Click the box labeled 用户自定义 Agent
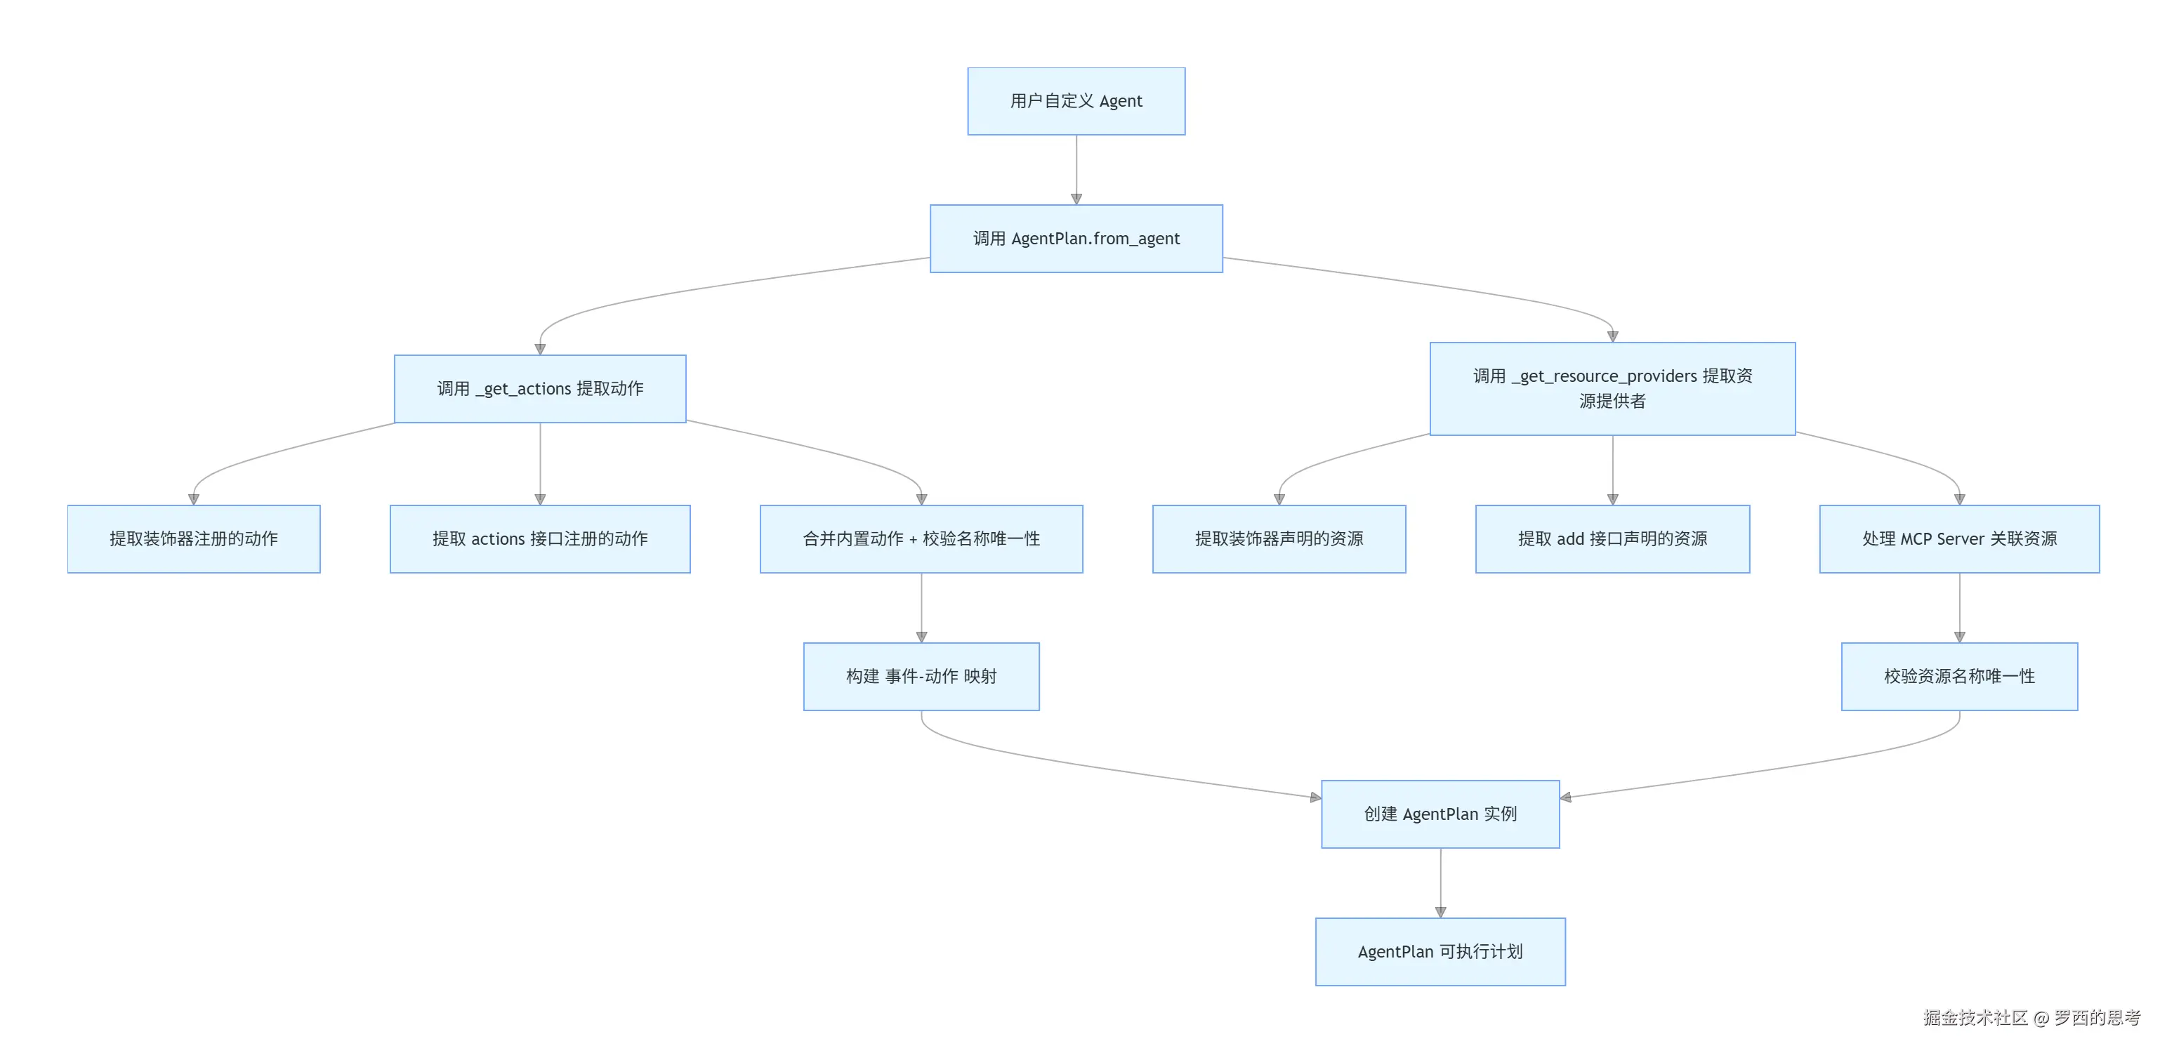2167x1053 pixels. (x=1076, y=101)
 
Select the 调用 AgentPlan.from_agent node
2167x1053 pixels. (x=1076, y=238)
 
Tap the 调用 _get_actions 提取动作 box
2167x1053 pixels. (x=540, y=389)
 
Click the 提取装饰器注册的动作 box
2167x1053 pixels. (x=194, y=538)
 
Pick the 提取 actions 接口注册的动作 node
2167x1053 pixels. (x=540, y=538)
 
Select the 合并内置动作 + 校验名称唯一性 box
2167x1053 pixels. (x=921, y=538)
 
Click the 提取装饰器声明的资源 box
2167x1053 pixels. (x=1279, y=538)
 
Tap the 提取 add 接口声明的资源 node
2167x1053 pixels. (x=1612, y=538)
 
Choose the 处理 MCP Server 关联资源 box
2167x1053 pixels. (x=1959, y=538)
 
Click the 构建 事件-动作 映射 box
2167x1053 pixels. (x=921, y=676)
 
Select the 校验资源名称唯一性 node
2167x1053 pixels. (x=1959, y=676)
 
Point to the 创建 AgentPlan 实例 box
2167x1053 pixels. (x=1440, y=814)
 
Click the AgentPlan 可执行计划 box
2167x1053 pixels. (x=1440, y=951)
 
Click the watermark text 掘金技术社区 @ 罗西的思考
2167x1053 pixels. (x=2031, y=1018)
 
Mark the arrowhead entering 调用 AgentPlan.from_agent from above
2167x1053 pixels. (x=1076, y=199)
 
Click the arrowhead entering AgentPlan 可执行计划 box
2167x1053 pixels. (x=1440, y=912)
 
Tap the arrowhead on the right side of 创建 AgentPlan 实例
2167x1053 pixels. (x=1565, y=797)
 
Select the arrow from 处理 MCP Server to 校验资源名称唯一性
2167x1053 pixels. (x=1959, y=607)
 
